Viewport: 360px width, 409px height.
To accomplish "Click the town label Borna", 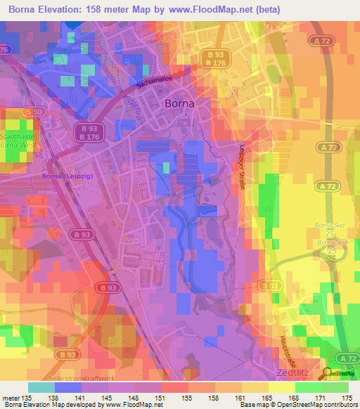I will pos(179,103).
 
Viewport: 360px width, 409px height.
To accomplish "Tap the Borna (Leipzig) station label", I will pos(65,176).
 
